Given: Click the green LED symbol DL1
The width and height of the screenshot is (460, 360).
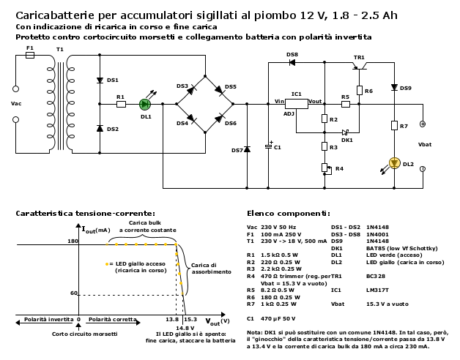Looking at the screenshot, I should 145,105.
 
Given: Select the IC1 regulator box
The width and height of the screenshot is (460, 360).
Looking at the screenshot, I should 297,104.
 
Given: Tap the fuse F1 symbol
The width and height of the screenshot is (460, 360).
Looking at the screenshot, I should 30,56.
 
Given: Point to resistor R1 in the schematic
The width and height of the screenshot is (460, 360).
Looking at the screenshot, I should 121,105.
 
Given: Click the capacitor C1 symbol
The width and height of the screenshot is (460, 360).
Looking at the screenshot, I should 269,146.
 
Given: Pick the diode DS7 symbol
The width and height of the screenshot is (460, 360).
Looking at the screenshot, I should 247,149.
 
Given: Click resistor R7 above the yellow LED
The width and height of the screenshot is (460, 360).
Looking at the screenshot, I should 394,127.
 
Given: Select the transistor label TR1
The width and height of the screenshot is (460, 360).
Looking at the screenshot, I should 359,57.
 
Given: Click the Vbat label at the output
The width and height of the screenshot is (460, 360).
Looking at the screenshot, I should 424,144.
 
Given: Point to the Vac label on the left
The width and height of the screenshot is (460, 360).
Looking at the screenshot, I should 16,103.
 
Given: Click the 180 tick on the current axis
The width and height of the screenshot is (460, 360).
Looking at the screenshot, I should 73,241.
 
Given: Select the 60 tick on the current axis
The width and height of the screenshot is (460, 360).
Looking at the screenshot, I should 74,293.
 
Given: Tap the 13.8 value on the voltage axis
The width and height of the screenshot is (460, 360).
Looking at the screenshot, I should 171,320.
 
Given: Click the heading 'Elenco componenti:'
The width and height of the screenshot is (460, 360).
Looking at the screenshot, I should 288,213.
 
